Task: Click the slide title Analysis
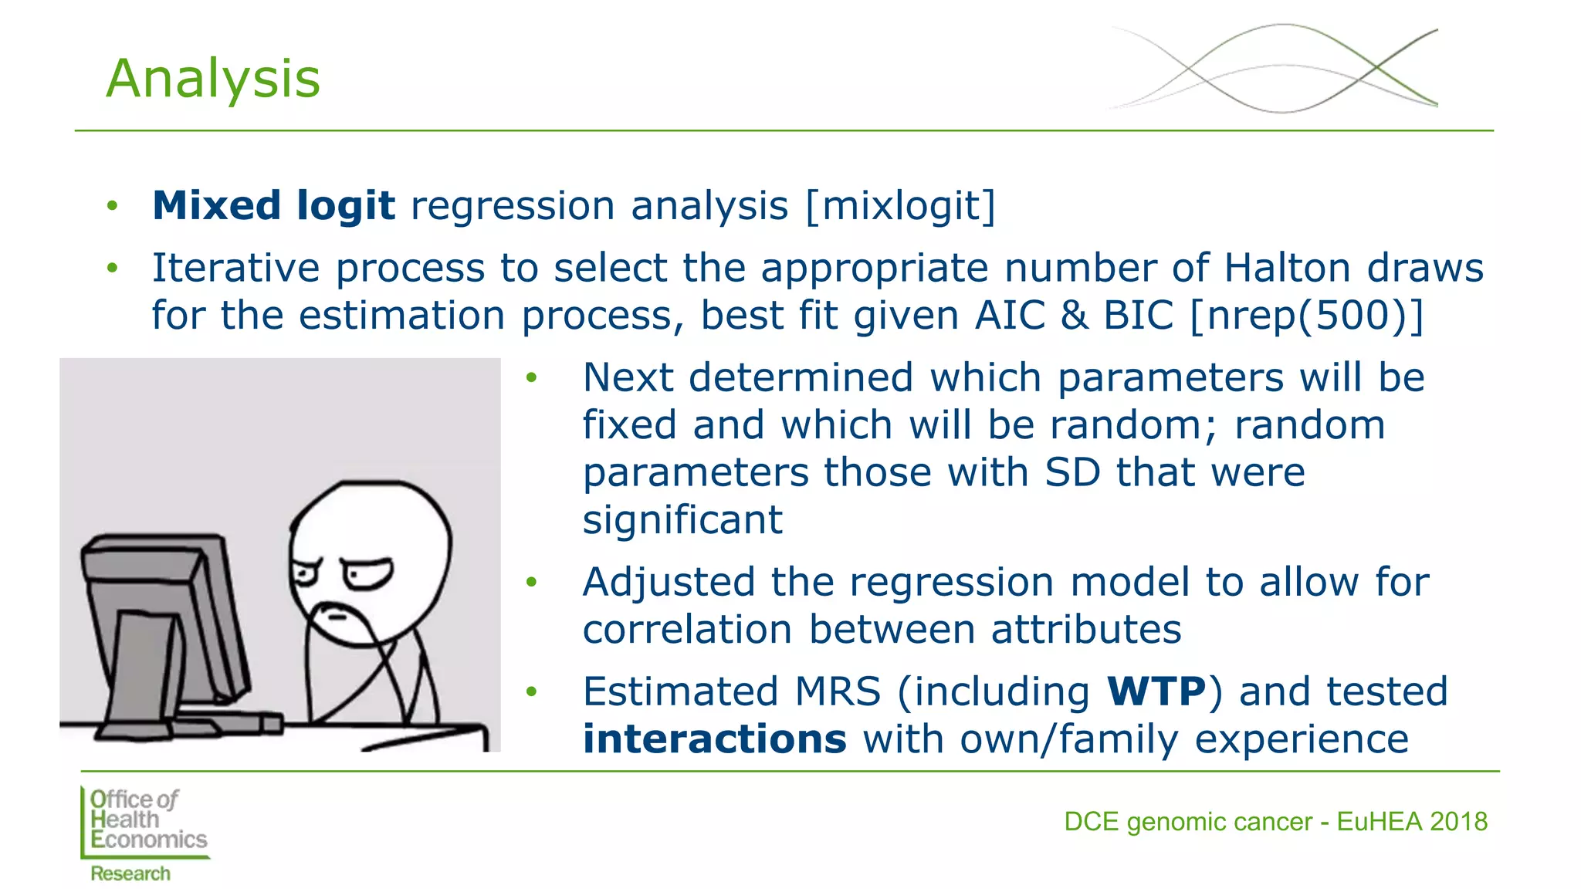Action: point(212,79)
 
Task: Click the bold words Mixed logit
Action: point(273,206)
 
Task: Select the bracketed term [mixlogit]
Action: point(900,206)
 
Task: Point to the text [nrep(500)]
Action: point(1306,316)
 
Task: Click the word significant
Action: point(682,520)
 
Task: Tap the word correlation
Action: point(687,630)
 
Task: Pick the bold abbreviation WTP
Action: point(1156,691)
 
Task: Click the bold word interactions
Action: point(714,739)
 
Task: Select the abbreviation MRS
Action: point(838,691)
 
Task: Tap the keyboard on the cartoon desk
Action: point(224,723)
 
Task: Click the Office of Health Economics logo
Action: point(145,832)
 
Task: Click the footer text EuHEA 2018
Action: point(1411,822)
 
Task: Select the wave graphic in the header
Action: point(1274,69)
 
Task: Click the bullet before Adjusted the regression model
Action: point(531,583)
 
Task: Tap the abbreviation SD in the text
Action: point(1071,472)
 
